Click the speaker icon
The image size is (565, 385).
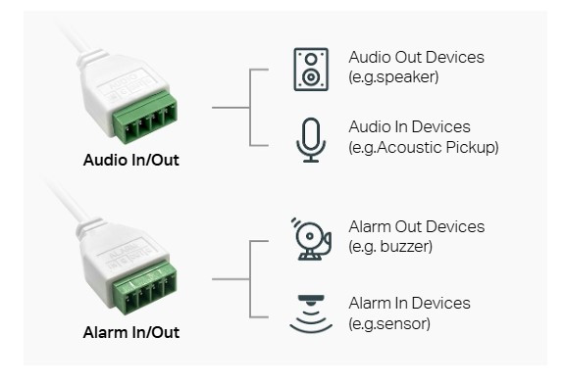pyautogui.click(x=311, y=70)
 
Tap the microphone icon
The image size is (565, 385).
pyautogui.click(x=311, y=140)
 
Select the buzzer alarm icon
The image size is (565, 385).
pyautogui.click(x=311, y=239)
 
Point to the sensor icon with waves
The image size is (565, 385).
pyautogui.click(x=311, y=313)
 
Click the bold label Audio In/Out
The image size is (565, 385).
pyautogui.click(x=131, y=160)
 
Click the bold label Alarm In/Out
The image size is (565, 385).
pyautogui.click(x=131, y=332)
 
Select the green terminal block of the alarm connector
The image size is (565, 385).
pyautogui.click(x=144, y=289)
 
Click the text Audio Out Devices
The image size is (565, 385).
pyautogui.click(x=416, y=57)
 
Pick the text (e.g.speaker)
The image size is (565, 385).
pyautogui.click(x=393, y=77)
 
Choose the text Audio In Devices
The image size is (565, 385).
pyautogui.click(x=409, y=126)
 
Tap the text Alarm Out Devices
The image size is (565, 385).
pyautogui.click(x=417, y=226)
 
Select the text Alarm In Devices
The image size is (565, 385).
pyautogui.click(x=409, y=303)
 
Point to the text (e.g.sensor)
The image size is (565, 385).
pyautogui.click(x=389, y=324)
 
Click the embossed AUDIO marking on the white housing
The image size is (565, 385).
pyautogui.click(x=124, y=82)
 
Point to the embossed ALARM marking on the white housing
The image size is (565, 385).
pyautogui.click(x=124, y=251)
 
